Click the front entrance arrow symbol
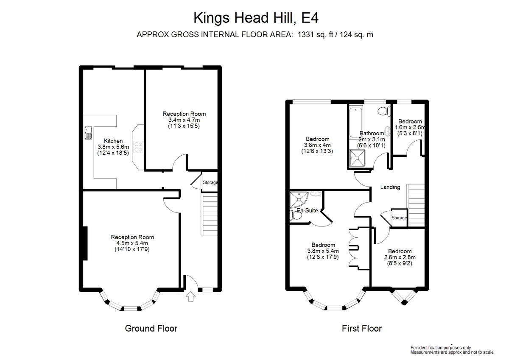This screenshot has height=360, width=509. [x=190, y=296]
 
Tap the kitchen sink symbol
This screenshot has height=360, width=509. [x=88, y=133]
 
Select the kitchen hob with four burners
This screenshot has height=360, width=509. [x=138, y=147]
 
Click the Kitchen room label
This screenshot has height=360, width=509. [x=113, y=141]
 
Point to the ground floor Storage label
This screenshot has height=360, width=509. [x=210, y=182]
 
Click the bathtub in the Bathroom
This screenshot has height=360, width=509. [x=356, y=123]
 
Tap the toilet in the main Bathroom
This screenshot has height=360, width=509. [x=384, y=111]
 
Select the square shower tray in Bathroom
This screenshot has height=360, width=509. [x=358, y=158]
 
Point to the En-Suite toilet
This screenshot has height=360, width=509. [x=295, y=215]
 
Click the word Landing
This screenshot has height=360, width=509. [x=390, y=187]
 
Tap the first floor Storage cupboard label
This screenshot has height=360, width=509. [x=399, y=218]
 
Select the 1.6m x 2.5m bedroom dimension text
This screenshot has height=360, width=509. [x=410, y=127]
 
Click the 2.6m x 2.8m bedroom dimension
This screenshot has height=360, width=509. [x=400, y=257]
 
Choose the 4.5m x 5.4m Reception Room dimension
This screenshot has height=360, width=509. [x=132, y=243]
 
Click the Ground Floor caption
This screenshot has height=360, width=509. [x=151, y=329]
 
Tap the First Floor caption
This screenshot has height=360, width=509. [x=362, y=329]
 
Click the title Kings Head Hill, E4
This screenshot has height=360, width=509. [x=256, y=18]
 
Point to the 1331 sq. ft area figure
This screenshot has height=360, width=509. [x=316, y=35]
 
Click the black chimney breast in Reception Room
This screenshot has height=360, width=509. [x=85, y=243]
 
